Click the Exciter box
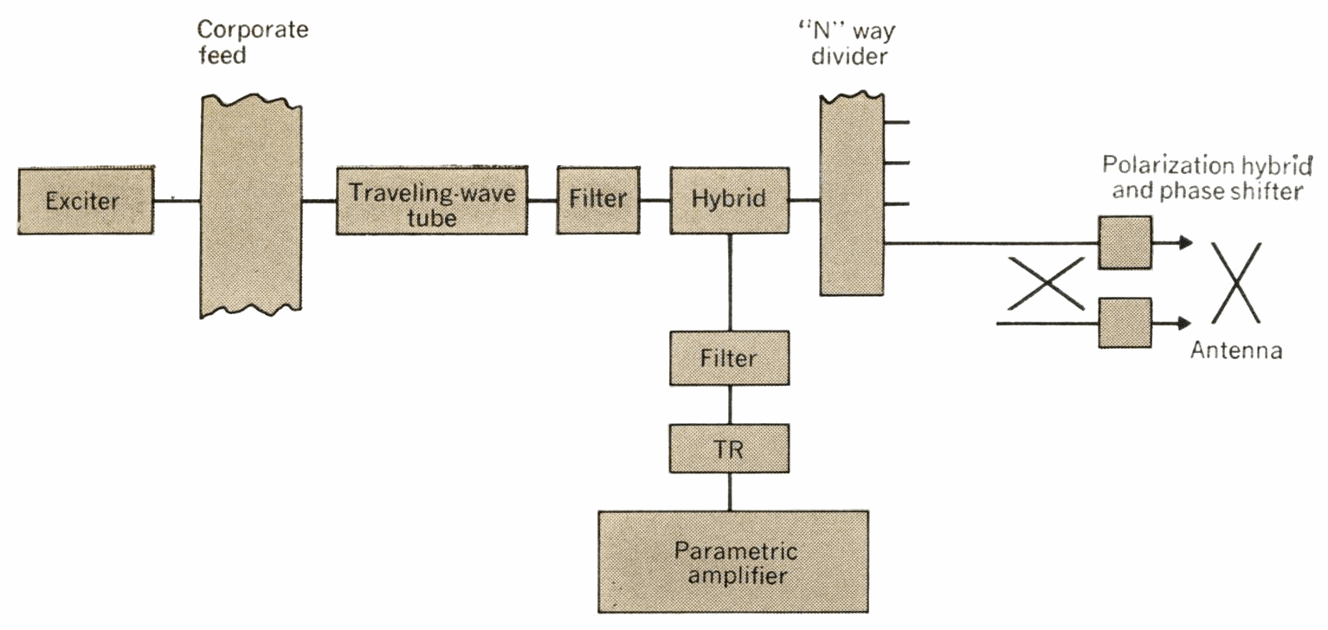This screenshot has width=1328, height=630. click(x=85, y=202)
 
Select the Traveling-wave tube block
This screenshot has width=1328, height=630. click(x=431, y=202)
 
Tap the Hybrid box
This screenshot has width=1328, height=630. click(x=729, y=200)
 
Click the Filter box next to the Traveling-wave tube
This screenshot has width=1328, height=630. click(x=598, y=200)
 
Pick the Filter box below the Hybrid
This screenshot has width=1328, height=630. click(x=729, y=357)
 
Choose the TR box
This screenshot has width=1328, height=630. click(x=729, y=448)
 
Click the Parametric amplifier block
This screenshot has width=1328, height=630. click(x=732, y=562)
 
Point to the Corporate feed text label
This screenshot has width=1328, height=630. click(x=251, y=41)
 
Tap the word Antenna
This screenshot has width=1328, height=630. click(x=1235, y=350)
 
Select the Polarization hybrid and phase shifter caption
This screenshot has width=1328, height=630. click(x=1206, y=178)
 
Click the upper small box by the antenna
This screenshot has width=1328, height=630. click(x=1125, y=242)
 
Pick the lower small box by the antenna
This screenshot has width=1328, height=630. click(x=1125, y=323)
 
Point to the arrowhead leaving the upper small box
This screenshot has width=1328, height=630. click(x=1185, y=242)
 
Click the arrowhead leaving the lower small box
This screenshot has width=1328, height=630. click(x=1185, y=323)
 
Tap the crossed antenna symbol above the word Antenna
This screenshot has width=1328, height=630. click(x=1235, y=283)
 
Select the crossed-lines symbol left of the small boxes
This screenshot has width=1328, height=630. click(x=1046, y=283)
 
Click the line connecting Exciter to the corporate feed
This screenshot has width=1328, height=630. click(x=177, y=202)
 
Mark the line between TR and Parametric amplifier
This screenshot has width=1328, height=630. click(x=729, y=492)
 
